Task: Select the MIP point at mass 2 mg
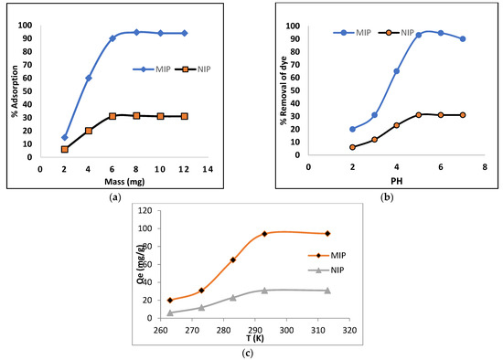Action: [65, 137]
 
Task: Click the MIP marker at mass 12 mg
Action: [184, 33]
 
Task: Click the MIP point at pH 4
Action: [396, 70]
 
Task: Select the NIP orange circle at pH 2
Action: [352, 147]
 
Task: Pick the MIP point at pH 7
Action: [463, 38]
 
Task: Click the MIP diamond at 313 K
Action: [327, 234]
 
